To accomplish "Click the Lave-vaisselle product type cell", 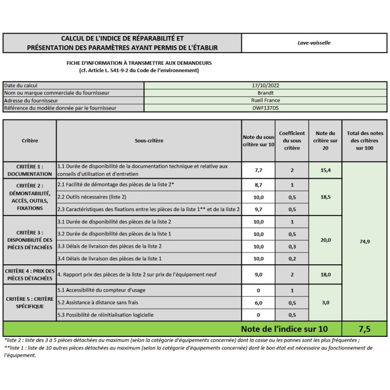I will click(x=314, y=43).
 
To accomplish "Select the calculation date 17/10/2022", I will click(x=265, y=85).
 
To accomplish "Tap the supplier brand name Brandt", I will click(x=265, y=93).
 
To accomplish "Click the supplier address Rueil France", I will click(x=265, y=100).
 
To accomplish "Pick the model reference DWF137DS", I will click(x=265, y=108).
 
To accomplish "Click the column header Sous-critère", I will click(x=149, y=141).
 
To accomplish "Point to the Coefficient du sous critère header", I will click(x=292, y=140).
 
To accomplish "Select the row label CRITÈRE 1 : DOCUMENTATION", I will click(x=30, y=170).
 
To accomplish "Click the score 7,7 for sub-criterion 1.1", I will click(x=259, y=170).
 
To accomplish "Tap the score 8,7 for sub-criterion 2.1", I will click(x=259, y=185).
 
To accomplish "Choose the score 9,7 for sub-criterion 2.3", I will click(x=259, y=210).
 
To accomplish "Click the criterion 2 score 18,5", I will click(x=326, y=197).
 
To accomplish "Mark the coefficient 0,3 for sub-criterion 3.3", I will click(x=292, y=246).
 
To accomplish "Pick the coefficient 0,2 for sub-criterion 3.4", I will click(x=292, y=258).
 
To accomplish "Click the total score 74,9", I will click(x=365, y=241).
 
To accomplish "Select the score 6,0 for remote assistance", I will click(x=259, y=303).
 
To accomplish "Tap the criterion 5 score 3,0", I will click(x=326, y=303).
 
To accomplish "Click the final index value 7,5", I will click(x=365, y=329).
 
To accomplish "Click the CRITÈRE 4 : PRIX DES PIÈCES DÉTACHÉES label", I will click(x=30, y=274).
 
